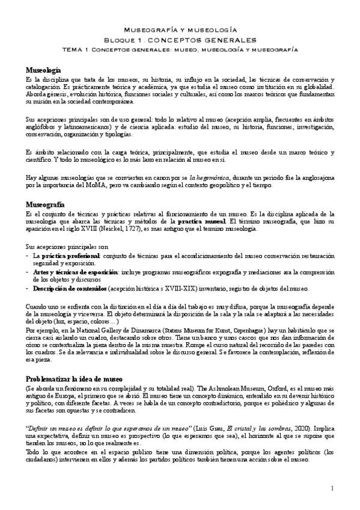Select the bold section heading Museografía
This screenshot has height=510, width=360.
click(45, 205)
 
